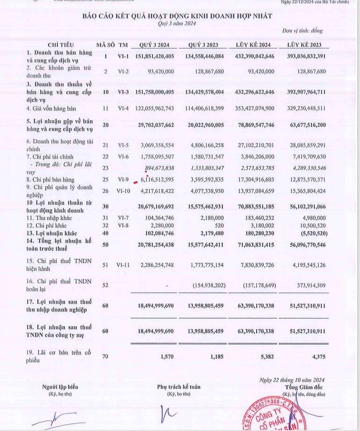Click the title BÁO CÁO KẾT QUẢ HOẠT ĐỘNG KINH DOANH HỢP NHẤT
177,16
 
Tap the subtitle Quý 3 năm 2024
177,23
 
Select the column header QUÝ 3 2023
204,45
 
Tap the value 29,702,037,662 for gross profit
156,125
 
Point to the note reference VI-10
123,190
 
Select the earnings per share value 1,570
166,357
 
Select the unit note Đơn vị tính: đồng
302,31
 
